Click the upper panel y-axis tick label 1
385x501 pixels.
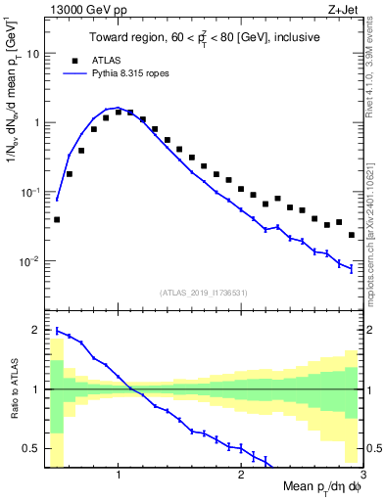coord(36,123)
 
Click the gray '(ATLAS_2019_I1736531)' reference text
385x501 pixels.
coord(204,293)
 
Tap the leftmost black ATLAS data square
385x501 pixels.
coord(57,219)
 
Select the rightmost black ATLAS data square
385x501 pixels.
coord(352,235)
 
